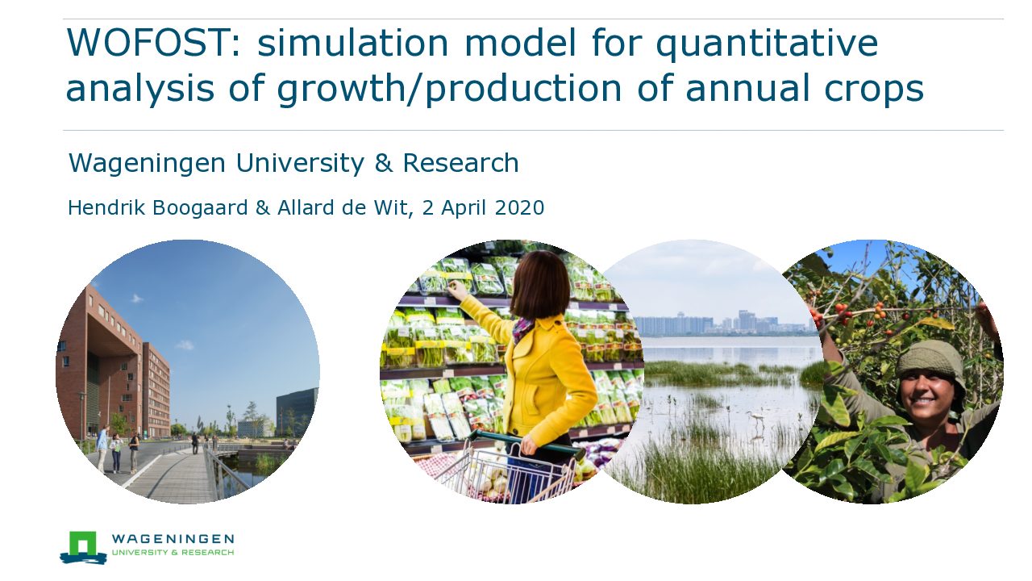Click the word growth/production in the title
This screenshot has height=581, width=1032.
click(x=449, y=88)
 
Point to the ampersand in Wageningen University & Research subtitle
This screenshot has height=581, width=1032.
click(x=383, y=163)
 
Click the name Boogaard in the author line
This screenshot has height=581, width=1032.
click(x=200, y=208)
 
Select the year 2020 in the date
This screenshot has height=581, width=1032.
click(x=520, y=207)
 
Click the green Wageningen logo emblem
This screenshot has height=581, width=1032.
click(x=83, y=547)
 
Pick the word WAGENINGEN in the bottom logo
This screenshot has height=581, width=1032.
click(x=173, y=539)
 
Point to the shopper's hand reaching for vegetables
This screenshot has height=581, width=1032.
click(x=457, y=290)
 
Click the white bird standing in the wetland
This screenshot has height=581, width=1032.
click(x=756, y=418)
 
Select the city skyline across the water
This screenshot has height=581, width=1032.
click(x=723, y=323)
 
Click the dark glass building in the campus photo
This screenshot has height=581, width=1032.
click(x=297, y=412)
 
